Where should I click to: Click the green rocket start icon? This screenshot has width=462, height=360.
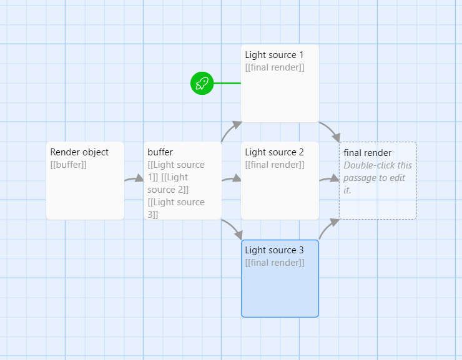click(202, 83)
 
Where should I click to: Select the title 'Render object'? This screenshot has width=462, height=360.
click(79, 152)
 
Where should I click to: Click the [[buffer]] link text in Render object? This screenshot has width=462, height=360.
click(68, 165)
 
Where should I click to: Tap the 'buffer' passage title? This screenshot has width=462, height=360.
click(160, 152)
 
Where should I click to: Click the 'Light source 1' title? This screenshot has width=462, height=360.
click(274, 55)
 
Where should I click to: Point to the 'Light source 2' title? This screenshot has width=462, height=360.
click(274, 152)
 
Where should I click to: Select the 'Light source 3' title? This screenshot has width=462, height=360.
click(274, 250)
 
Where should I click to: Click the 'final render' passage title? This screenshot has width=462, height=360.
click(368, 153)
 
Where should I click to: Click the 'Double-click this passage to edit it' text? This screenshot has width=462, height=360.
click(377, 177)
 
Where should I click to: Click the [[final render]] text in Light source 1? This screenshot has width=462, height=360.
click(275, 67)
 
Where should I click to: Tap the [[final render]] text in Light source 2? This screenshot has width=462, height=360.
click(275, 165)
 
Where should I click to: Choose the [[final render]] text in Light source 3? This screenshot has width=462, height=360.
click(275, 263)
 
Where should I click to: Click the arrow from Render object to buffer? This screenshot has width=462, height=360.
click(134, 179)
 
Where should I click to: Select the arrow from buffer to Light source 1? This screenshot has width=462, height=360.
click(230, 129)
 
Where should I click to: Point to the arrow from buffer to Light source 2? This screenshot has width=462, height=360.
click(231, 179)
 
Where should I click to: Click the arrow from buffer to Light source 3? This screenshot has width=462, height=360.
click(232, 228)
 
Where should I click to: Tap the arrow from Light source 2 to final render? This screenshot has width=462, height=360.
click(329, 179)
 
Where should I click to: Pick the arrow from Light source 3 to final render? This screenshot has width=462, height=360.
click(328, 228)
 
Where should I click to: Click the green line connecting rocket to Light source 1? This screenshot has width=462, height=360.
click(227, 83)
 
